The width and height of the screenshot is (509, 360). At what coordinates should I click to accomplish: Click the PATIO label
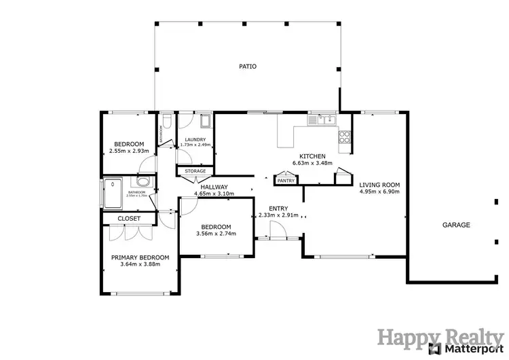coord(246,67)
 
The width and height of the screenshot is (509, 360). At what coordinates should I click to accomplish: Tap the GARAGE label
coord(456,225)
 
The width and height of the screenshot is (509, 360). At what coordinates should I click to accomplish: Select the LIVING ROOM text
coord(379,185)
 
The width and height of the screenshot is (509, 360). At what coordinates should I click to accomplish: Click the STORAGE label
coord(195,171)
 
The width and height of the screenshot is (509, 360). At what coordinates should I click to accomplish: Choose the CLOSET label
coord(129,219)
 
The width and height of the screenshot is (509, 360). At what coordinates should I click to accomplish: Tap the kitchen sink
coord(322,121)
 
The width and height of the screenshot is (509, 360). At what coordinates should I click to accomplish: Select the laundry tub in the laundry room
coord(206,122)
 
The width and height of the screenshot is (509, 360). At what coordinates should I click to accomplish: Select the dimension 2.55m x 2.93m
coord(128,151)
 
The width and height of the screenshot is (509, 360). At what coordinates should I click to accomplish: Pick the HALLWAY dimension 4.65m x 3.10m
coord(214,194)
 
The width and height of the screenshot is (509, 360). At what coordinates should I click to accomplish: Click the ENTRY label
coord(278,209)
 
